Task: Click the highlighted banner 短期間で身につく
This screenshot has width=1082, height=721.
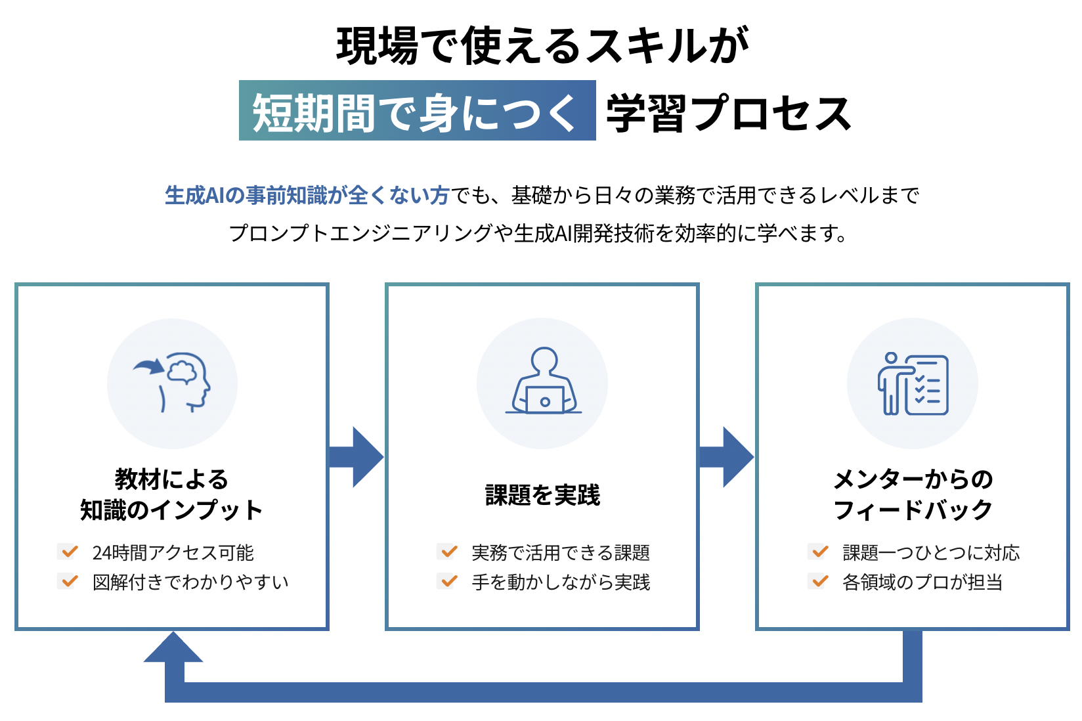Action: [x=418, y=111]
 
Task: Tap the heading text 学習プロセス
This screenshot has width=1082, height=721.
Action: [x=728, y=113]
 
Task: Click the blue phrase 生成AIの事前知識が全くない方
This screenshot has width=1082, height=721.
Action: [x=307, y=196]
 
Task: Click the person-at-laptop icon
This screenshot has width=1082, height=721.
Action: [x=544, y=381]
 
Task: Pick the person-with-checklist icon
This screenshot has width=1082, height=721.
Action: [x=913, y=383]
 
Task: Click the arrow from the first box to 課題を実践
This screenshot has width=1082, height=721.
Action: [x=357, y=456]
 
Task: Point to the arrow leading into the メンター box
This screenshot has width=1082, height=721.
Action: [x=727, y=456]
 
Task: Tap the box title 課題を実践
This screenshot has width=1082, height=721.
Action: [x=542, y=495]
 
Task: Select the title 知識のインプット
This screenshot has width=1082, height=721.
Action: [x=171, y=510]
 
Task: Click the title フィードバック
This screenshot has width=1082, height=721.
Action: [x=913, y=510]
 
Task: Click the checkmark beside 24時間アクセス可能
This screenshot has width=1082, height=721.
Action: [x=68, y=552]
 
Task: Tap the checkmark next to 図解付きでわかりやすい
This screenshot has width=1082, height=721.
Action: [x=68, y=581]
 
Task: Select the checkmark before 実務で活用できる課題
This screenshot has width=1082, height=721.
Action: [x=448, y=552]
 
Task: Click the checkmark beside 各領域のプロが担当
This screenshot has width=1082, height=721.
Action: [x=819, y=581]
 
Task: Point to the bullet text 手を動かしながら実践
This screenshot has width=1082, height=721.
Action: [x=561, y=582]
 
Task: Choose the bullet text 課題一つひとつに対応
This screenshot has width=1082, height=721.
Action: [x=931, y=553]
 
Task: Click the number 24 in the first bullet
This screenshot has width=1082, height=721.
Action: [x=102, y=553]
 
